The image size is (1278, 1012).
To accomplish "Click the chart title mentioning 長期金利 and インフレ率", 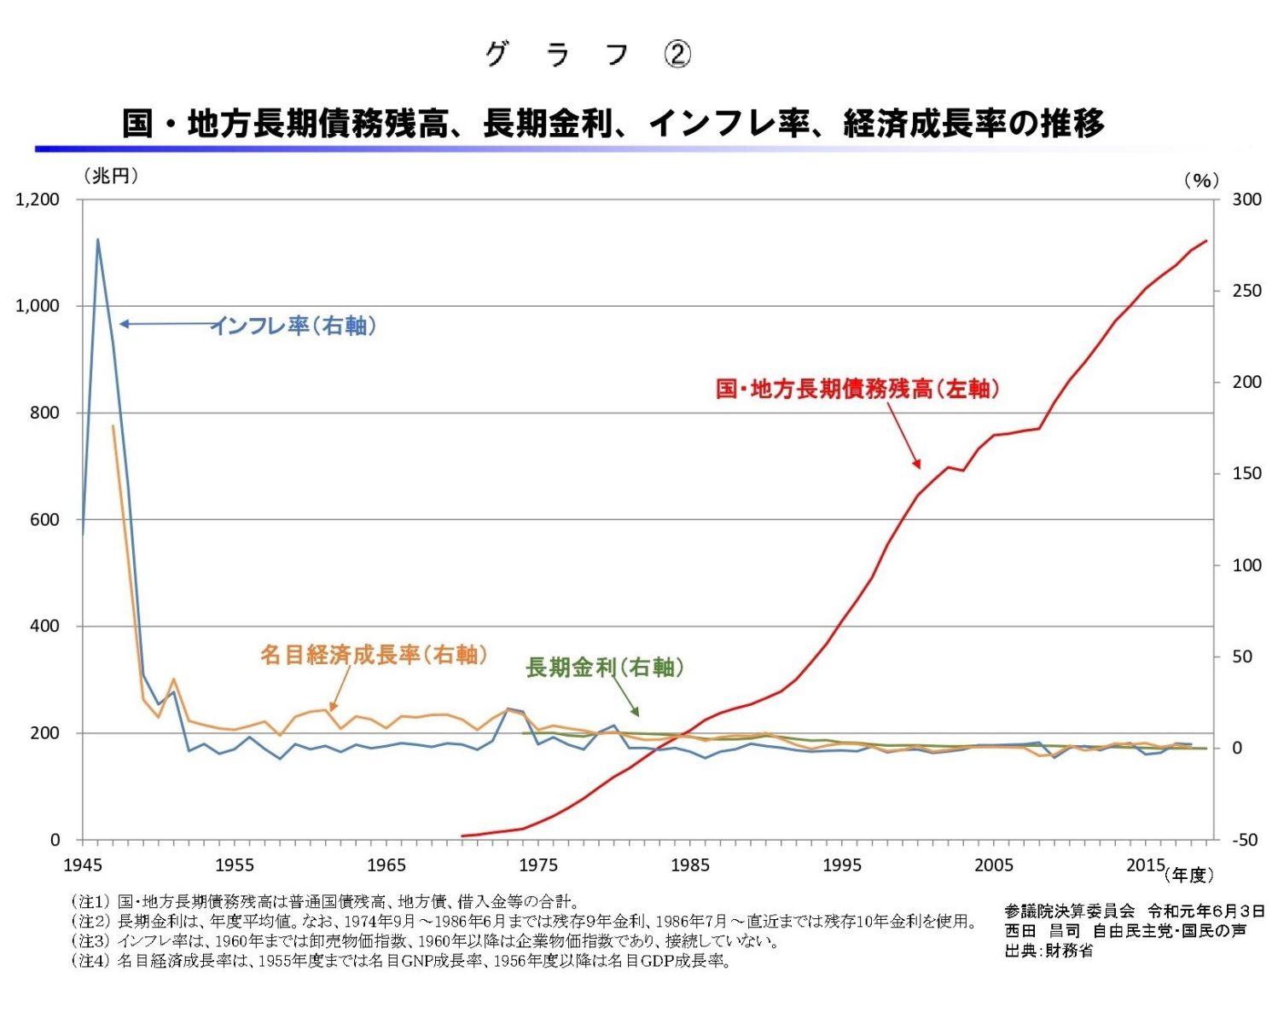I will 613,124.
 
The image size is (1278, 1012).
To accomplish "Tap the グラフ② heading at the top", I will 588,55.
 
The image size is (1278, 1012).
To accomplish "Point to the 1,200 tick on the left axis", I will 38,200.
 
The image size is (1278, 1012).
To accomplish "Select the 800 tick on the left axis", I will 45,413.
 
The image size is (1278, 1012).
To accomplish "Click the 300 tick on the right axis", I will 1246,200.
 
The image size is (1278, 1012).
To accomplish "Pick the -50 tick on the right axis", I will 1245,840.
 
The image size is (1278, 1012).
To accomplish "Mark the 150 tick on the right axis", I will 1246,474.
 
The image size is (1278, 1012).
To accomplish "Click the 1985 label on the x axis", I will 690,865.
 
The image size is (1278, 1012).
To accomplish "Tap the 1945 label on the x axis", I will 82,865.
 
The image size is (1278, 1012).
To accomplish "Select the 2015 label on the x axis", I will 1145,865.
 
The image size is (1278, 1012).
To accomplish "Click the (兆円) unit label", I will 111,176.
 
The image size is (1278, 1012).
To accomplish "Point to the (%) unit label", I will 1201,180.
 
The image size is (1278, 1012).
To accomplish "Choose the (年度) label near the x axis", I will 1188,875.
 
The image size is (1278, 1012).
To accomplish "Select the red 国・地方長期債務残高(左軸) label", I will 857,389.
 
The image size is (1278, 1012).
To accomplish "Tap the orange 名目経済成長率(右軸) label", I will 374,655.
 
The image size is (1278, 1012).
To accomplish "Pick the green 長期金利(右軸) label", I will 604,668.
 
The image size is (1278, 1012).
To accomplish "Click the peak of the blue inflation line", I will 97,240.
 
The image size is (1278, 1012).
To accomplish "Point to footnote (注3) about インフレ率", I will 424,941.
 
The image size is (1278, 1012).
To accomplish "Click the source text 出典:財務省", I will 1049,951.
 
